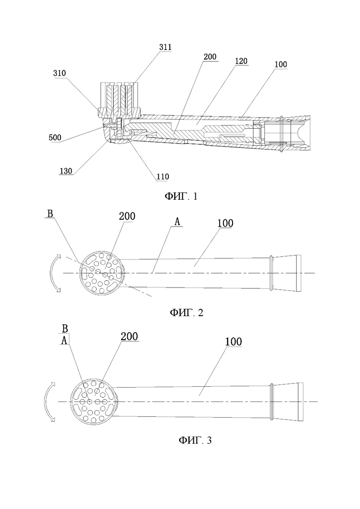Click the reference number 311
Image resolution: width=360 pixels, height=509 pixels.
[165, 47]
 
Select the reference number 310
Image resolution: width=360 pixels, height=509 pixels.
[60, 73]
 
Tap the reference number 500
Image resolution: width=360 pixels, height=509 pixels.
[55, 138]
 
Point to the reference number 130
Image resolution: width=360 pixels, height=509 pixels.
[66, 171]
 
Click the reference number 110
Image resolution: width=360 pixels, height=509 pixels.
[162, 177]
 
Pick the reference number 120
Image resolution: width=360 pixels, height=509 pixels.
[241, 61]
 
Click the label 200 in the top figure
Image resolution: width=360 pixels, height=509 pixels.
[210, 57]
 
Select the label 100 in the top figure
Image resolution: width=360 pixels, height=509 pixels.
[281, 64]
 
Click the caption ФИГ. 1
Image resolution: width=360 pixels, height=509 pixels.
[181, 197]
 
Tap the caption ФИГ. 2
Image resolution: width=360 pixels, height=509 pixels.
[186, 312]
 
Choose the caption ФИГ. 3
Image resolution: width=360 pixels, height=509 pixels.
[195, 440]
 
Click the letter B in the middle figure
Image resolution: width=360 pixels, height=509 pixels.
[50, 214]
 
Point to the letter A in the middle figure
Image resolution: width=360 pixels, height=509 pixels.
[177, 222]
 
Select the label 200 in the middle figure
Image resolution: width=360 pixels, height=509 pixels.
[127, 216]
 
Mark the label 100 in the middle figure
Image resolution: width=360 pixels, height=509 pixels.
[225, 223]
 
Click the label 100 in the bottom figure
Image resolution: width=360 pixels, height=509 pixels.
[234, 341]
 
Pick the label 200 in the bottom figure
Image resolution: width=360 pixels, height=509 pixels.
[129, 336]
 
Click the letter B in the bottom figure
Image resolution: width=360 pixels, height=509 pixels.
[65, 329]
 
